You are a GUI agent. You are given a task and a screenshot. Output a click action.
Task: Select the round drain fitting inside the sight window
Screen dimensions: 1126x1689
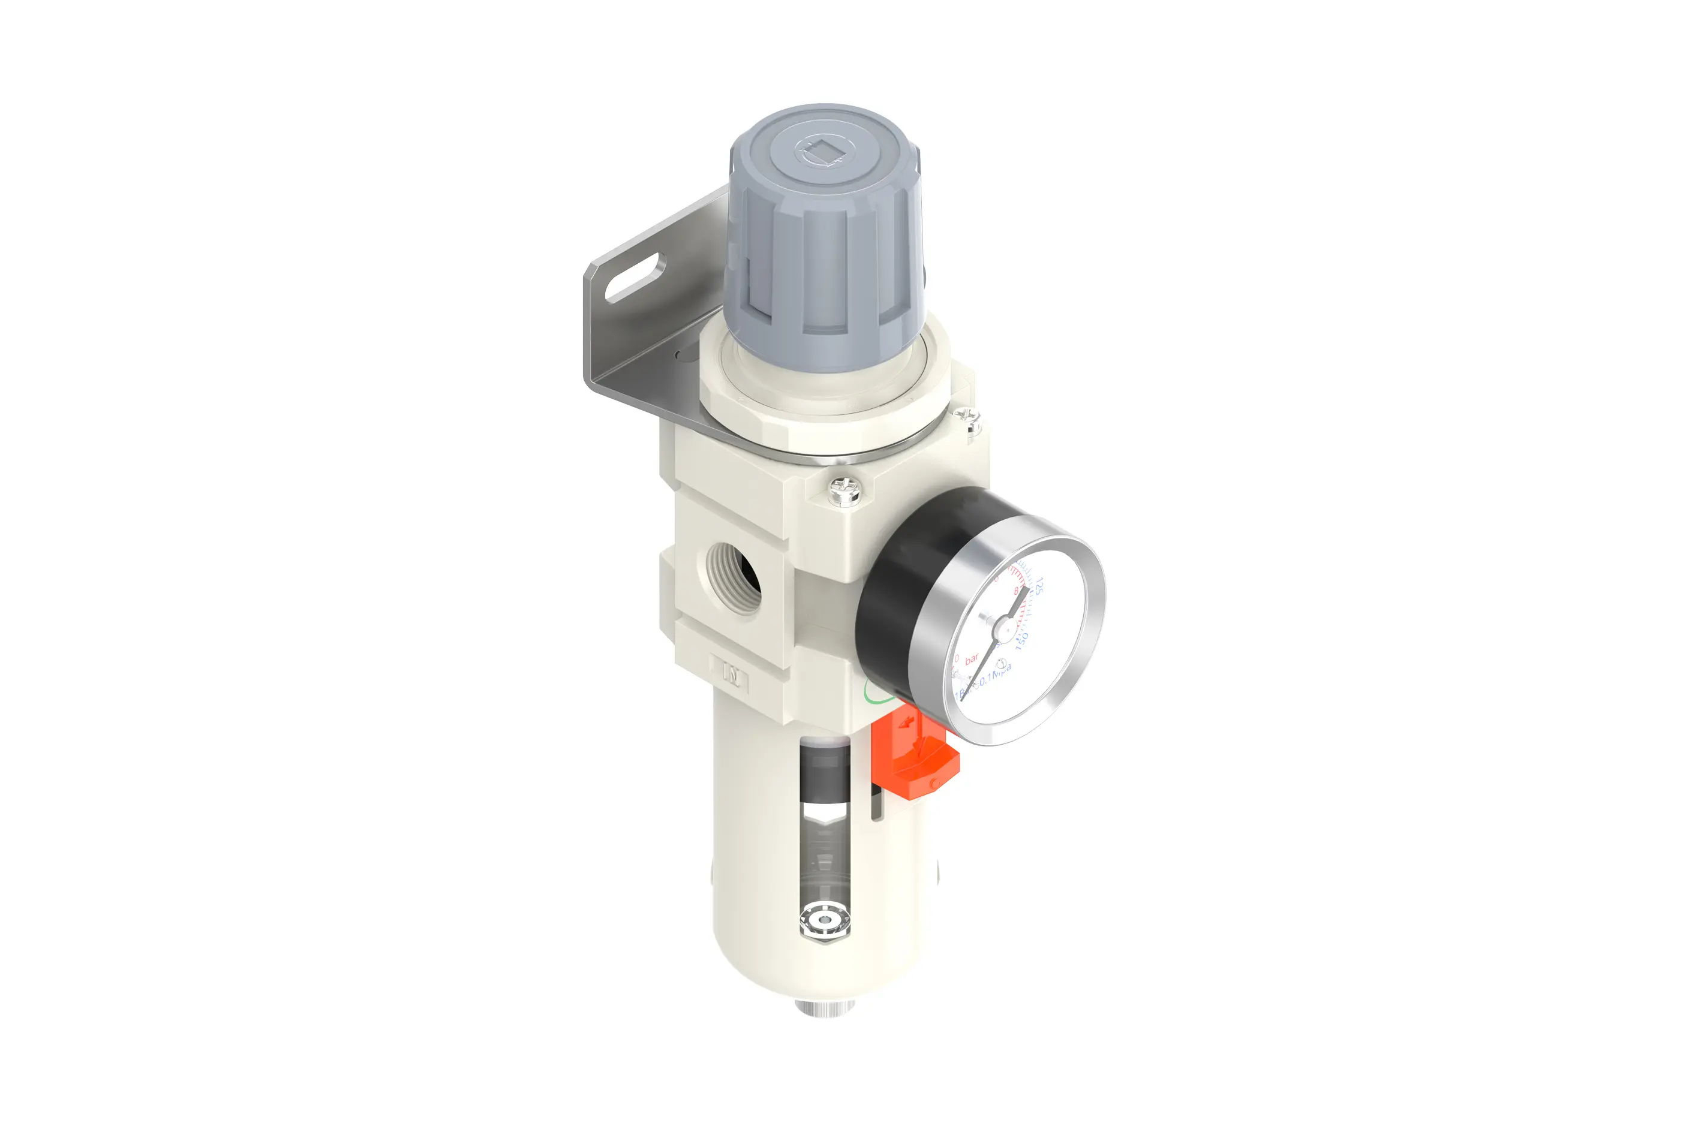pos(824,920)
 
